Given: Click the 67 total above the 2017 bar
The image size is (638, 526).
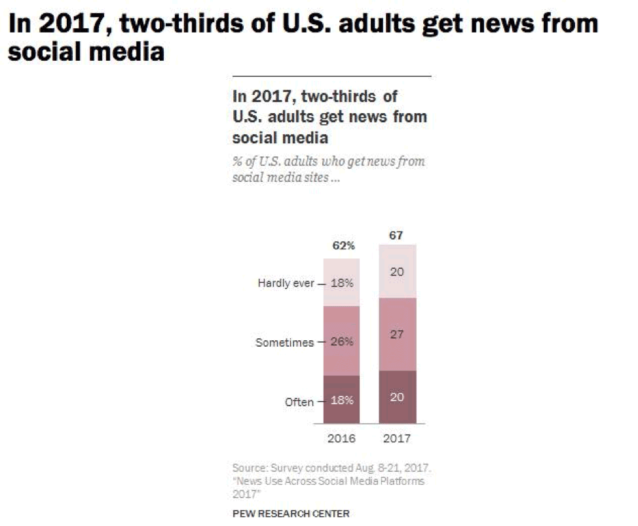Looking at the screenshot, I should pyautogui.click(x=397, y=235).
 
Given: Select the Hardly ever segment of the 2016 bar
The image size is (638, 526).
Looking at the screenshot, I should pyautogui.click(x=341, y=283).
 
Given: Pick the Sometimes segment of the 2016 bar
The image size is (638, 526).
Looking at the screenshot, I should pyautogui.click(x=341, y=341).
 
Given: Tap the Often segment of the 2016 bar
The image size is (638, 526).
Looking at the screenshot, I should pyautogui.click(x=341, y=400).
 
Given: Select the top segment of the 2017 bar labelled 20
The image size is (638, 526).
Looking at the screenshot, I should pyautogui.click(x=397, y=271).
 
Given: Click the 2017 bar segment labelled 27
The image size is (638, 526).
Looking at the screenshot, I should pyautogui.click(x=397, y=334).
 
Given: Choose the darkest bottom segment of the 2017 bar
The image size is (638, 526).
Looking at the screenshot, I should pyautogui.click(x=397, y=397).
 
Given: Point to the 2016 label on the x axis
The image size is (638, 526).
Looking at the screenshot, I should pyautogui.click(x=341, y=438).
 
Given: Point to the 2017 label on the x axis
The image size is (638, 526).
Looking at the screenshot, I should pyautogui.click(x=397, y=438).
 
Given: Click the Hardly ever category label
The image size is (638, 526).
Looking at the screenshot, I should pyautogui.click(x=286, y=284).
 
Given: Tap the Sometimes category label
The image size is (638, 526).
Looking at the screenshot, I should pyautogui.click(x=284, y=342).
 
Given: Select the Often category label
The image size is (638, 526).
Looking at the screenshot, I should pyautogui.click(x=299, y=401).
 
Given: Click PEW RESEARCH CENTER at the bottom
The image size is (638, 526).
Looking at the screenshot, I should pyautogui.click(x=291, y=514).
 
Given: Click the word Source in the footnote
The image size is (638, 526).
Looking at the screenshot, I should pyautogui.click(x=248, y=468).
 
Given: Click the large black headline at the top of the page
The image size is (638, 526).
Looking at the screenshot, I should pyautogui.click(x=302, y=37).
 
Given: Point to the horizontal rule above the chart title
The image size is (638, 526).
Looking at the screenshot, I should pyautogui.click(x=331, y=77).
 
